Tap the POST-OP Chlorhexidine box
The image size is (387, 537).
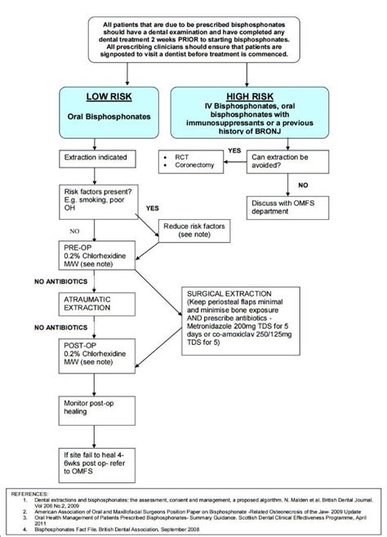[x=96, y=353]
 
